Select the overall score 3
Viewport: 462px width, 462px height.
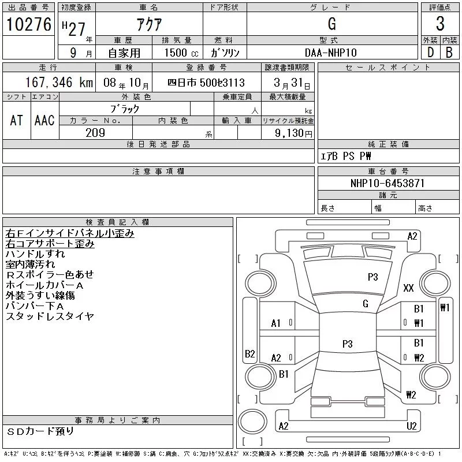click(440, 24)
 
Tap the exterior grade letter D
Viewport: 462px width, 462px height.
click(430, 52)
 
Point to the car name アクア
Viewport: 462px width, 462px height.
click(148, 24)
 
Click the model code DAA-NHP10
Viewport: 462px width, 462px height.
click(331, 52)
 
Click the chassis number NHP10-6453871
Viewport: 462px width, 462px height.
click(388, 183)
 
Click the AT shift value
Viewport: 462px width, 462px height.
click(17, 120)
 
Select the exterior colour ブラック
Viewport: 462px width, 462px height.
click(125, 108)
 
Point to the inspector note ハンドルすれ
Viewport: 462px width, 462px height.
click(35, 254)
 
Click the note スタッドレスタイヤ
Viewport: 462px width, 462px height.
click(50, 316)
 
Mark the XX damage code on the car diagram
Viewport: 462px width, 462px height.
click(409, 288)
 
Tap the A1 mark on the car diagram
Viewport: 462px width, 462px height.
click(276, 323)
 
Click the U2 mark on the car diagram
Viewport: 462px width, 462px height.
click(412, 426)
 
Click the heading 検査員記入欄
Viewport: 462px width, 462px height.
click(118, 222)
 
